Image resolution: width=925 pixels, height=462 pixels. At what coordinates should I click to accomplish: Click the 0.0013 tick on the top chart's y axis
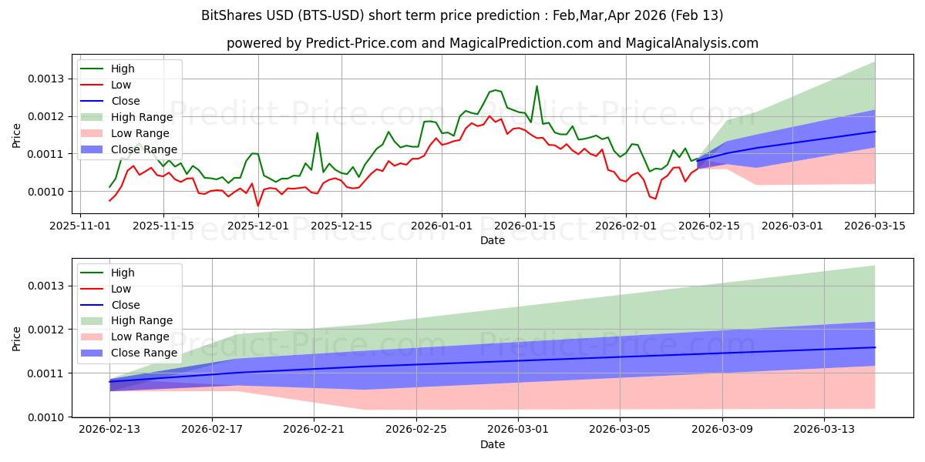(x=47, y=79)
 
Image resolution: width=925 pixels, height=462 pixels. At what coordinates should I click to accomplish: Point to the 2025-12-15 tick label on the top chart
(x=341, y=226)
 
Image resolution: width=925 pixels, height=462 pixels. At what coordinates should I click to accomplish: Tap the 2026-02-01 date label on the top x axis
(x=625, y=226)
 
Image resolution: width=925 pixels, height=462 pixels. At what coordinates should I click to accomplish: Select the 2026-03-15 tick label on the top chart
(x=875, y=226)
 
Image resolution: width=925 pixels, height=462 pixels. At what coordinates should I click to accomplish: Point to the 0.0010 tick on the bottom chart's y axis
(x=47, y=417)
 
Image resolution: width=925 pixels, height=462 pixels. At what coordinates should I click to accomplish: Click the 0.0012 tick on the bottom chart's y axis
(x=47, y=330)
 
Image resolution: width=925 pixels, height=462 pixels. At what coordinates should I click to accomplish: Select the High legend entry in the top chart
(x=123, y=69)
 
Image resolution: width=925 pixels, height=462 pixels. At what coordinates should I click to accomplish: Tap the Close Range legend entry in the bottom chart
(x=143, y=353)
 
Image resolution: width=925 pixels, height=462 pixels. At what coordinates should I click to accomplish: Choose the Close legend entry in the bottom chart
(x=125, y=305)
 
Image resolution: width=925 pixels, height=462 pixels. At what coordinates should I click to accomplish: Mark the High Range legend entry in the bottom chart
(x=142, y=321)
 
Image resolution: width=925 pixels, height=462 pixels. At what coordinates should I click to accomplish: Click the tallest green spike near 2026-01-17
(x=536, y=86)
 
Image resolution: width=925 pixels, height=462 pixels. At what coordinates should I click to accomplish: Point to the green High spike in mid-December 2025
(x=317, y=133)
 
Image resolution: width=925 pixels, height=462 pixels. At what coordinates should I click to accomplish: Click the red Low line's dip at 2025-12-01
(x=258, y=206)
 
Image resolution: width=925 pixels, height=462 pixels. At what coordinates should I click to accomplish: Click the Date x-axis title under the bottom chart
(x=493, y=444)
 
